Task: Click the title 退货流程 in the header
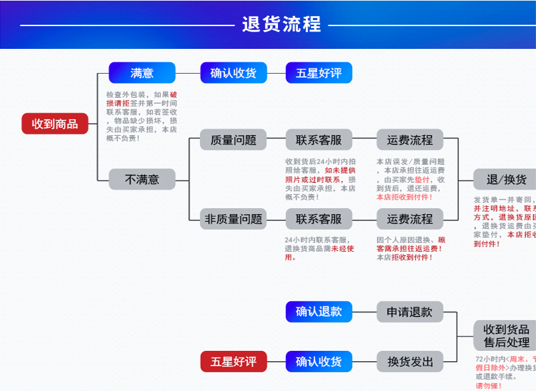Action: click(281, 25)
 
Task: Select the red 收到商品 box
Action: click(55, 123)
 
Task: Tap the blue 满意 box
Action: click(142, 72)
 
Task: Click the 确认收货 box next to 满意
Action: click(233, 72)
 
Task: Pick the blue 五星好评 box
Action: click(319, 72)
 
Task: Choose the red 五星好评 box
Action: click(233, 362)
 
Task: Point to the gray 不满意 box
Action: click(142, 179)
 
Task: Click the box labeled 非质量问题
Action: click(233, 219)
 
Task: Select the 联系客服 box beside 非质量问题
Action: click(319, 219)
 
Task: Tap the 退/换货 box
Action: click(505, 179)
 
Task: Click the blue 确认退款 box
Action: click(319, 311)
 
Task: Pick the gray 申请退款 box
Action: click(409, 311)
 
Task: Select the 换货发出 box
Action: click(409, 362)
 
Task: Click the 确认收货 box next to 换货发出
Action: click(319, 362)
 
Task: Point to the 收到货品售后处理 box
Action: click(506, 335)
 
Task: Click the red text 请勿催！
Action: click(488, 386)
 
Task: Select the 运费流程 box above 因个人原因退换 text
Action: click(409, 219)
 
